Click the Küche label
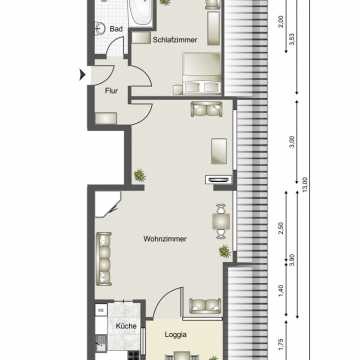tap(126, 326)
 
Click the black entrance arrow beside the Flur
tap(82, 74)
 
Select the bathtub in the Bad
tap(139, 12)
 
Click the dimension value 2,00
tap(282, 20)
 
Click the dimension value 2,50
tap(282, 228)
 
